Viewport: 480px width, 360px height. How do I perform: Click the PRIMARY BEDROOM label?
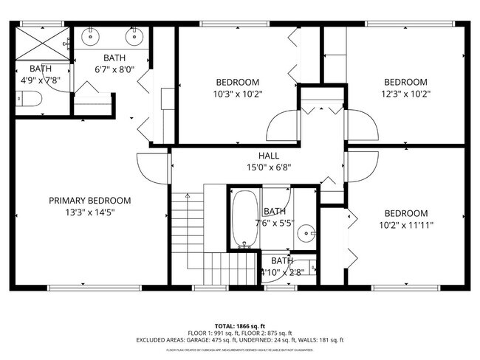pos(89,200)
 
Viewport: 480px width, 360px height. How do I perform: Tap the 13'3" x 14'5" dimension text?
pos(89,212)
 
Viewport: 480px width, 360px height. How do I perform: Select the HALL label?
pos(268,156)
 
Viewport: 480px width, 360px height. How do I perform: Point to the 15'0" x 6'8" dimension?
pos(268,167)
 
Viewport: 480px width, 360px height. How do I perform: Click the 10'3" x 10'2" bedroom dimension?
pos(238,94)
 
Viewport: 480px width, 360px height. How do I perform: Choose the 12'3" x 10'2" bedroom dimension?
pos(405,94)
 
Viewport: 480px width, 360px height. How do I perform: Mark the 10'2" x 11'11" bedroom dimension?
pos(405,225)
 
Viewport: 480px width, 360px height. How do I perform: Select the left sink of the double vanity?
pos(92,35)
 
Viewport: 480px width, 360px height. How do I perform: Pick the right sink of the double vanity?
pos(134,35)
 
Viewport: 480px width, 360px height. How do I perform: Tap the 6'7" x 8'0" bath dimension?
pos(114,70)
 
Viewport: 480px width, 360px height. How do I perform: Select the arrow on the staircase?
pos(188,196)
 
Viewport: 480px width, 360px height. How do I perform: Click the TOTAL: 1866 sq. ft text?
pos(239,325)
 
